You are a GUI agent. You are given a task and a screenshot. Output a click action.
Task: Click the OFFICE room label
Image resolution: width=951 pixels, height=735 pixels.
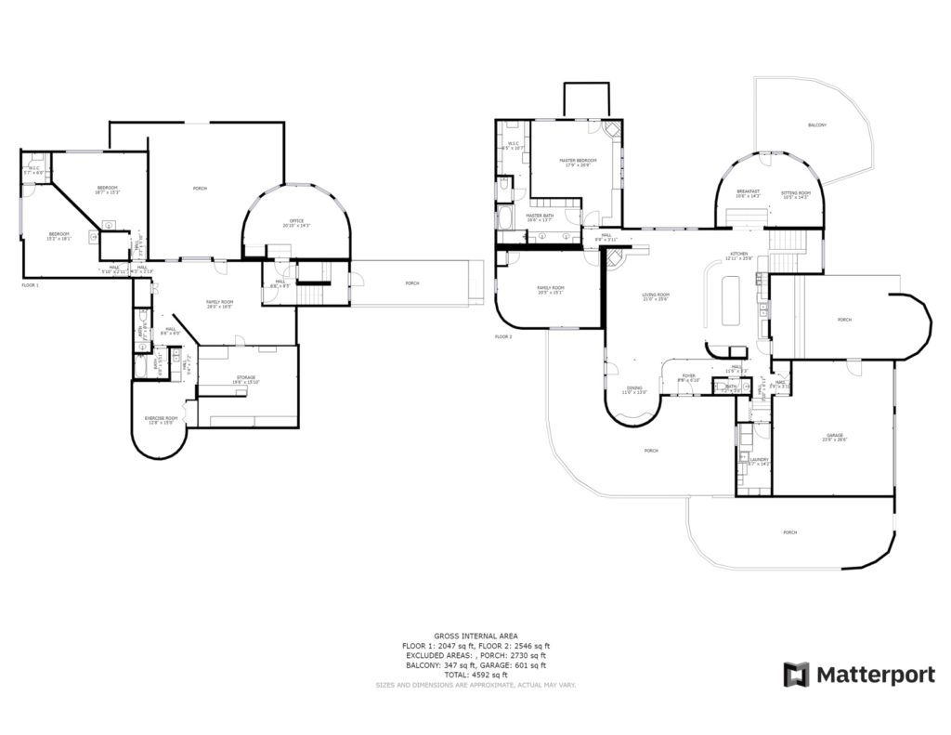296,222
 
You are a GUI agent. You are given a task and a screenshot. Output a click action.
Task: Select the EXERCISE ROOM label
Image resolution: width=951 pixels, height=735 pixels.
161,418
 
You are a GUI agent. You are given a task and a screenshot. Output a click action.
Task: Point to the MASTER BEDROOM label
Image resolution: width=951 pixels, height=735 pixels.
578,160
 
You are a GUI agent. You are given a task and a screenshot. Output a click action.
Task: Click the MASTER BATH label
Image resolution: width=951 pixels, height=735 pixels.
540,216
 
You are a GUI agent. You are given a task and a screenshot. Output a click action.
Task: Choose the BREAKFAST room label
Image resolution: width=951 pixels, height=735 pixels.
748,191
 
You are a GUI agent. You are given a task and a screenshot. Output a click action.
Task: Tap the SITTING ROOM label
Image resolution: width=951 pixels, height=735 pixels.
796,191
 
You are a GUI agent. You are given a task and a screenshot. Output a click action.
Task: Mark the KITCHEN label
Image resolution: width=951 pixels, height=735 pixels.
738,254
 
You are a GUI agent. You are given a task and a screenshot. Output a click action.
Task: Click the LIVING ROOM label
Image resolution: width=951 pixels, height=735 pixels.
656,295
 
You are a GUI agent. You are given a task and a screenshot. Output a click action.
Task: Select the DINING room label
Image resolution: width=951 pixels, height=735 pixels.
633,388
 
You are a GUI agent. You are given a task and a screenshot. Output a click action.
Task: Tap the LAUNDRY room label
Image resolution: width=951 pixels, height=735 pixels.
759,459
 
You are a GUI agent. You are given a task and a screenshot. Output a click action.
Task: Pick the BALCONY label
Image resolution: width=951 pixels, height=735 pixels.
817,125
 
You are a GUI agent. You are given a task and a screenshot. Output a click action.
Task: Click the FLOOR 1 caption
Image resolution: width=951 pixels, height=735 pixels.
31,285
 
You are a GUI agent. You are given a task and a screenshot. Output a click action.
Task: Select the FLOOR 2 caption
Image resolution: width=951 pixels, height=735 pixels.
503,336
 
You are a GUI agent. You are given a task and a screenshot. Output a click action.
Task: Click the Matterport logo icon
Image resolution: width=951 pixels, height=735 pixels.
797,675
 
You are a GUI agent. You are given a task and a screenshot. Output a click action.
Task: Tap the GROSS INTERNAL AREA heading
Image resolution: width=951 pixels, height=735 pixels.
475,637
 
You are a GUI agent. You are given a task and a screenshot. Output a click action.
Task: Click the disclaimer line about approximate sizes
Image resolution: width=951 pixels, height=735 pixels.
475,685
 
